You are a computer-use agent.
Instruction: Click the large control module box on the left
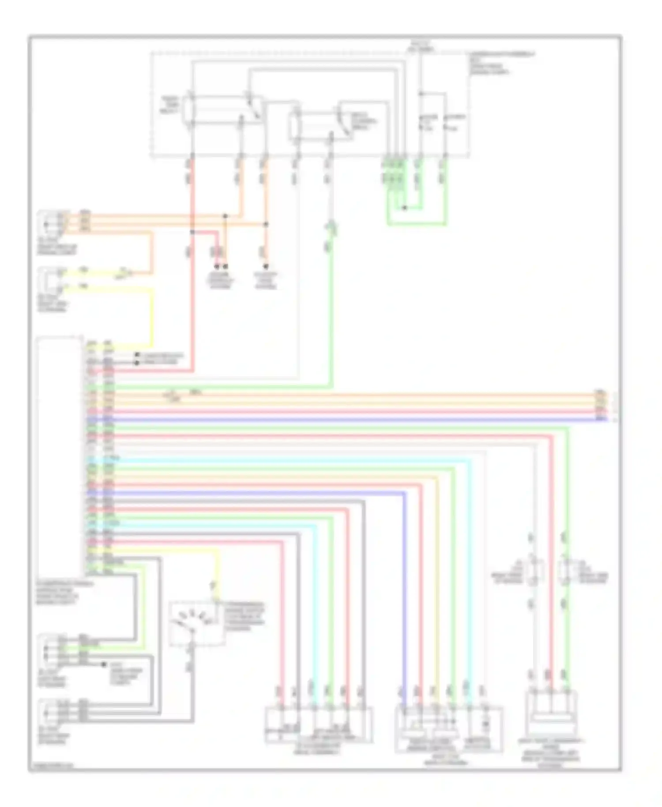click(60, 457)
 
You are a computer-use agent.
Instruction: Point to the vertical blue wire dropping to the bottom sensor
click(404, 596)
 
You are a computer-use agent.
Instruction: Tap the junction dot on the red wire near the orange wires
click(192, 231)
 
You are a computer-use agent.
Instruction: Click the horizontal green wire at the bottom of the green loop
click(417, 224)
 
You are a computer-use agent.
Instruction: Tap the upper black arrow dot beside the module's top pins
click(137, 354)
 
